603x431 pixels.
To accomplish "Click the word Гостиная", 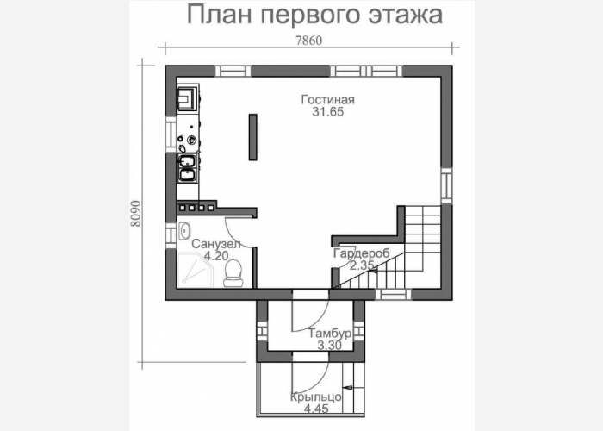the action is (327, 100).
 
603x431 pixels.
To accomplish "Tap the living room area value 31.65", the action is (327, 112).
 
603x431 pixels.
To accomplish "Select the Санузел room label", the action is (216, 244).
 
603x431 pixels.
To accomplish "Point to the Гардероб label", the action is (362, 253).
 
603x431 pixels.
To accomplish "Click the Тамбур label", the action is (330, 334).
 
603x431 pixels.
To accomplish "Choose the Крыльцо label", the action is (316, 397).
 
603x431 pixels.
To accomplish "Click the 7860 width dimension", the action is (308, 41).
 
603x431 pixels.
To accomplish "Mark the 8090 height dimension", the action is (135, 214).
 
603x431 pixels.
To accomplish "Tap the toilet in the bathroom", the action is (233, 273).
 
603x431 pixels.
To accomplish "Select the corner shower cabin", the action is (195, 270).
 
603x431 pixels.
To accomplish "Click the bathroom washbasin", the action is (184, 231).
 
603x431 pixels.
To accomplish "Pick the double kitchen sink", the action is (187, 168).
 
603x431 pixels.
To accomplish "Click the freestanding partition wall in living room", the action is (252, 137).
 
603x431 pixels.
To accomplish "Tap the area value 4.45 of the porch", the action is (316, 409).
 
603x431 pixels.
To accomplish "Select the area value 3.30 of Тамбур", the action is (330, 345).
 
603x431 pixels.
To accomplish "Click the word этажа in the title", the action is (405, 16).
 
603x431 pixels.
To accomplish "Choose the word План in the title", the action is (220, 15).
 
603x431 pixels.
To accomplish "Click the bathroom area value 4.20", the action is (216, 256).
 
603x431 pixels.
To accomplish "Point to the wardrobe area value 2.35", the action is (362, 265).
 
